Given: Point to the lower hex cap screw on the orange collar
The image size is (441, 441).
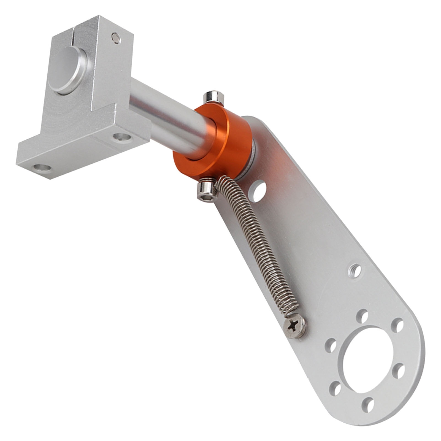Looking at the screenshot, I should [x=207, y=191].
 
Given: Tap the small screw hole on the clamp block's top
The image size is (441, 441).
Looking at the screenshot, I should [x=116, y=38].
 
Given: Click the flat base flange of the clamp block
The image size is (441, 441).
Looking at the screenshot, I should [x=83, y=154].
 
